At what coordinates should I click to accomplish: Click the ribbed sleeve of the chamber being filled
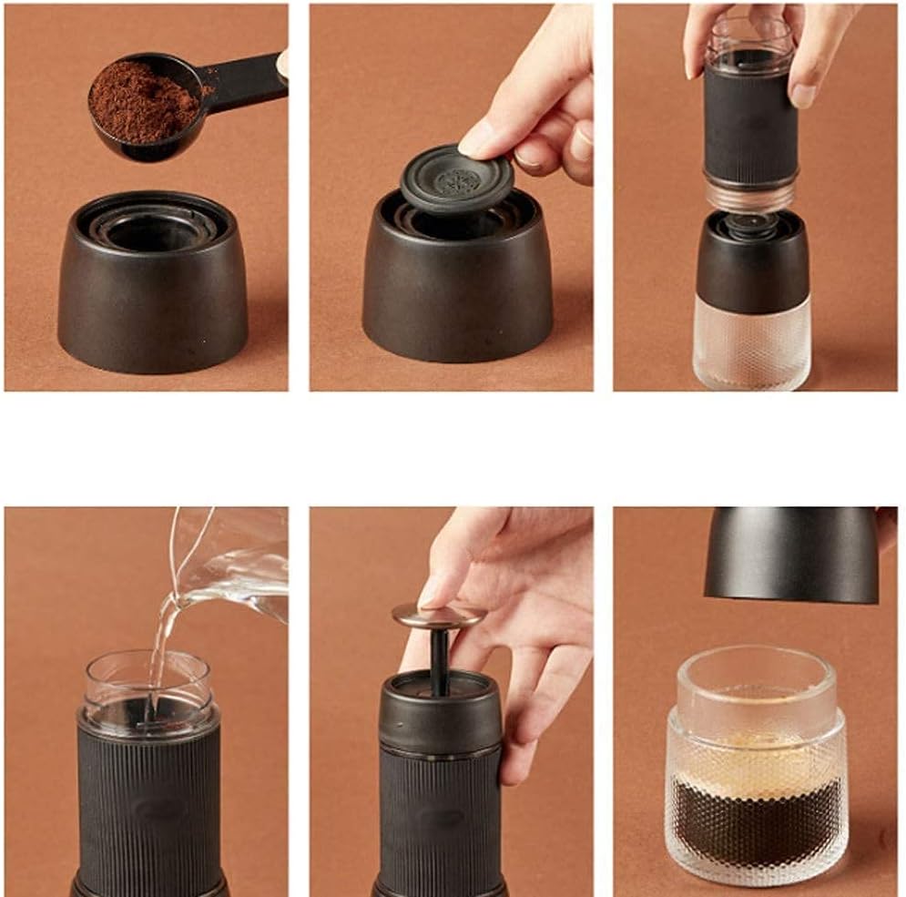[150, 801]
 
